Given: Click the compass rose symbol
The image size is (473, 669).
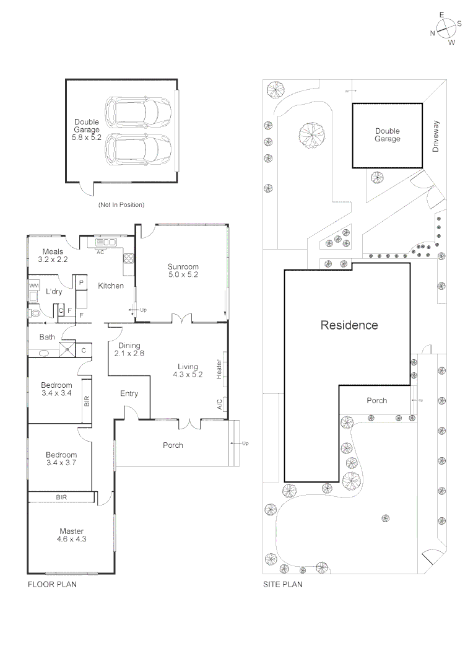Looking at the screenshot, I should pyautogui.click(x=446, y=27).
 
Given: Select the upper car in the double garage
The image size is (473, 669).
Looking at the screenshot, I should pyautogui.click(x=138, y=111).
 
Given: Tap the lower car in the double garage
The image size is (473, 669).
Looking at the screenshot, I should pyautogui.click(x=138, y=149).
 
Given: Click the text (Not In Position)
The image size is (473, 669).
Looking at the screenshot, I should pyautogui.click(x=121, y=204).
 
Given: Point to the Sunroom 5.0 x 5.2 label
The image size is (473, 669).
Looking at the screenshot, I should pyautogui.click(x=183, y=271).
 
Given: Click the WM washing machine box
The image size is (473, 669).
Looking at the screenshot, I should pyautogui.click(x=33, y=286).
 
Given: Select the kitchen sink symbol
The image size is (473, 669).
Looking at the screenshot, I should pyautogui.click(x=106, y=243).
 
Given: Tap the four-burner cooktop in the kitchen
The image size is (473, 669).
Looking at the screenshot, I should pyautogui.click(x=129, y=258).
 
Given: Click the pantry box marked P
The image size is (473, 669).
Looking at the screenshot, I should pyautogui.click(x=81, y=282).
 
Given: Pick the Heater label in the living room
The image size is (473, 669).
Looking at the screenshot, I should pyautogui.click(x=219, y=370).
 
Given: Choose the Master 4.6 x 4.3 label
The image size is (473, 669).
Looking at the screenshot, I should pyautogui.click(x=72, y=535).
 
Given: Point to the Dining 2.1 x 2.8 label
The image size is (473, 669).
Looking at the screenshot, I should pyautogui.click(x=129, y=350).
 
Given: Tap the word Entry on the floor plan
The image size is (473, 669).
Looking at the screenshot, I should pyautogui.click(x=129, y=393).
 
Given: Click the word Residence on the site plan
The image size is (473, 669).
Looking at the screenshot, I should pyautogui.click(x=349, y=325).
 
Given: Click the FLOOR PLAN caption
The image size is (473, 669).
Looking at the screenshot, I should pyautogui.click(x=52, y=584).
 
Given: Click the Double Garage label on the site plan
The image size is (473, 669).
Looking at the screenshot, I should pyautogui.click(x=388, y=135).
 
